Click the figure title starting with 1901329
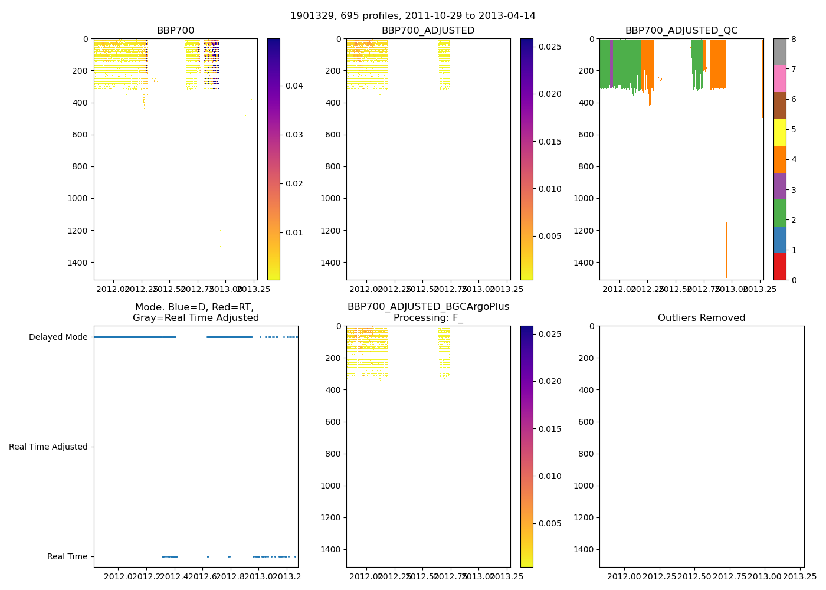point(412,16)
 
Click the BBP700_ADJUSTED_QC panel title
point(681,31)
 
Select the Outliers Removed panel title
point(702,318)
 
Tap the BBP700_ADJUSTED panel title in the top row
point(428,31)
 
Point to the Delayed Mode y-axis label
point(58,337)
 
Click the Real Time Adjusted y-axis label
point(48,447)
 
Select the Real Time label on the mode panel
point(67,557)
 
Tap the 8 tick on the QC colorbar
point(794,39)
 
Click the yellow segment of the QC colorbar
point(779,132)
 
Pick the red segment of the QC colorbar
point(779,266)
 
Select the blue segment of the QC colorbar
point(779,240)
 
